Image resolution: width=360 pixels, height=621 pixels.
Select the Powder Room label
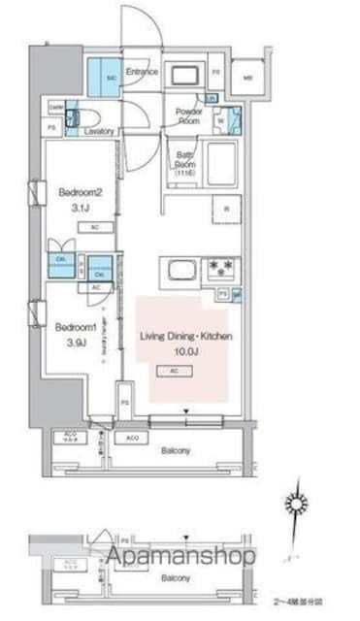coord(188,114)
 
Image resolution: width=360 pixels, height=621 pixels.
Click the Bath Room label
coord(186,161)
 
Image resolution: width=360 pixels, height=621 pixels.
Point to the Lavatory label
coord(100,131)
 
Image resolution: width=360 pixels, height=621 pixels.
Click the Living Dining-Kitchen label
coord(186,336)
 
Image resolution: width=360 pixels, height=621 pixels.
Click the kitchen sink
coord(180,269)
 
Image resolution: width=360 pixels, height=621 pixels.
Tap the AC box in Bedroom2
coord(95,227)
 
